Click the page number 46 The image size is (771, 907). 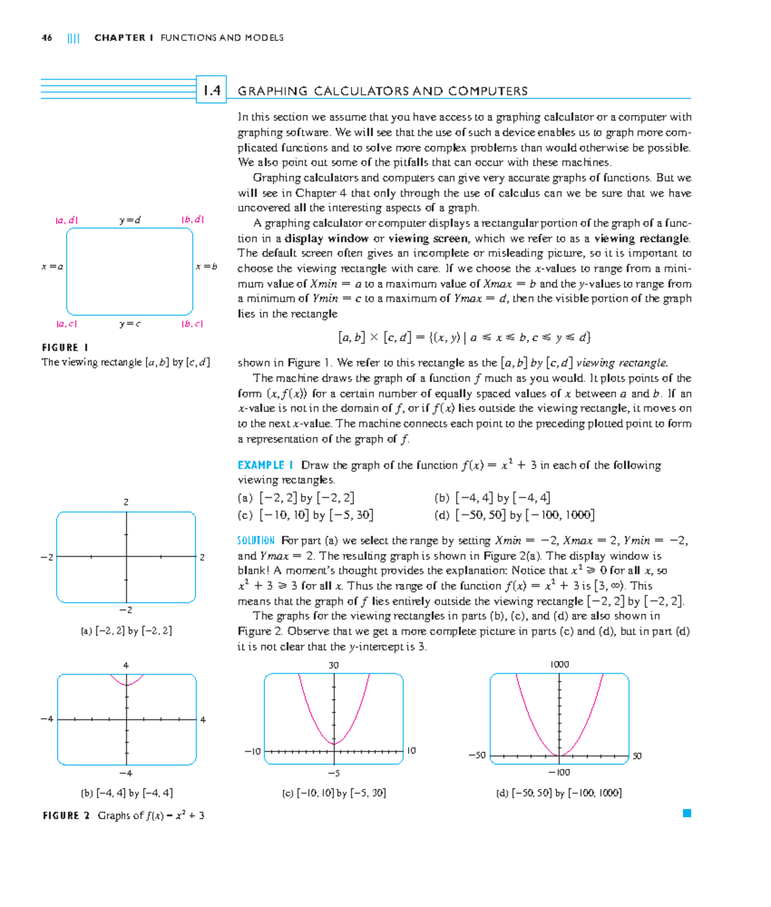pos(47,38)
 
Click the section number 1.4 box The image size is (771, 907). pos(211,91)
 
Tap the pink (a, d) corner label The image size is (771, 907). pos(67,220)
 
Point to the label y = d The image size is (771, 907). pos(130,220)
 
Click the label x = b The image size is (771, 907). pos(206,267)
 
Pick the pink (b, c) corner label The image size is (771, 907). pos(192,324)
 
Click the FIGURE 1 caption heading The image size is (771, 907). pos(65,348)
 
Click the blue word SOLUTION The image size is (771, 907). pos(256,541)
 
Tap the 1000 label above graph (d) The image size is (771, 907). pos(559,664)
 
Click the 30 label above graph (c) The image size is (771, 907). pos(333,665)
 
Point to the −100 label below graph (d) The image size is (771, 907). pos(559,772)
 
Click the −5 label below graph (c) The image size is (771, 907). pos(333,773)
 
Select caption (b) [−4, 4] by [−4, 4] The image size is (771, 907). pos(127,793)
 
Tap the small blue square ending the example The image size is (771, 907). pos(687,813)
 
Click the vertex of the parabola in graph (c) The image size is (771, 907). pos(333,744)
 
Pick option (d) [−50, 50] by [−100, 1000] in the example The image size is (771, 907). pos(514,515)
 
